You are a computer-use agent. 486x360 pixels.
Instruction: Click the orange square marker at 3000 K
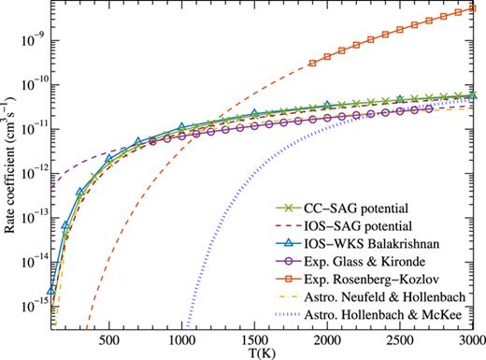[x=471, y=9]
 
